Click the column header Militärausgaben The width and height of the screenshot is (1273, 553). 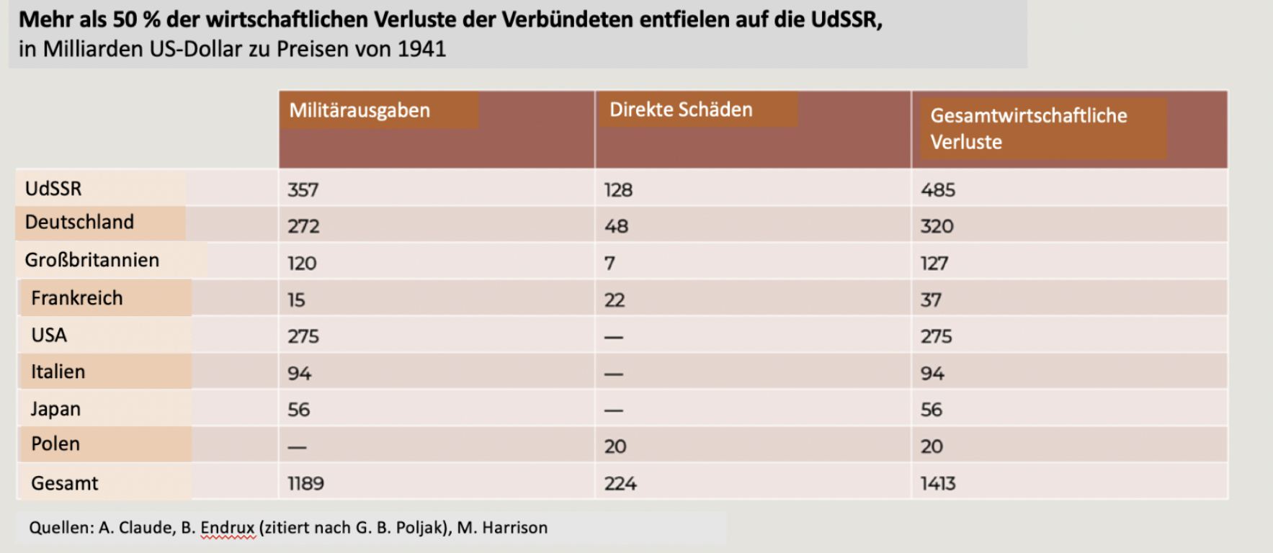pyautogui.click(x=359, y=110)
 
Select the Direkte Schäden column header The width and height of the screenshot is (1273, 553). pyautogui.click(x=681, y=109)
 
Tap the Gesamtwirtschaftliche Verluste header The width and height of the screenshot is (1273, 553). pyautogui.click(x=1028, y=128)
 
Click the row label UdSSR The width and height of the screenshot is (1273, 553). pyautogui.click(x=53, y=189)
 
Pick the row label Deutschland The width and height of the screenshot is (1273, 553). pyautogui.click(x=79, y=222)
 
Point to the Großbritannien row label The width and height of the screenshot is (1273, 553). pyautogui.click(x=91, y=260)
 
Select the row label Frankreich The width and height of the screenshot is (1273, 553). pyautogui.click(x=77, y=298)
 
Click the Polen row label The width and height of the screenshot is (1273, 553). pyautogui.click(x=55, y=444)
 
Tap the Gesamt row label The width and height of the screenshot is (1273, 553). pyautogui.click(x=64, y=483)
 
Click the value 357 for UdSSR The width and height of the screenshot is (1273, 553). pyautogui.click(x=303, y=190)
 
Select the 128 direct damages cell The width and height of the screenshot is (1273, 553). pyautogui.click(x=618, y=190)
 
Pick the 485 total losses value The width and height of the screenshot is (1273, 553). pyautogui.click(x=937, y=190)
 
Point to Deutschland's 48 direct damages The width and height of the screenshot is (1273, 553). pyautogui.click(x=616, y=226)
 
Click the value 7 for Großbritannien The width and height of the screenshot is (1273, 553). pyautogui.click(x=609, y=264)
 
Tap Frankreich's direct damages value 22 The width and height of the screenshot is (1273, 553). pyautogui.click(x=614, y=300)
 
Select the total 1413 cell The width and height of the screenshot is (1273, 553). pyautogui.click(x=937, y=484)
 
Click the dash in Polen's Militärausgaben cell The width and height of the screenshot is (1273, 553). pyautogui.click(x=297, y=447)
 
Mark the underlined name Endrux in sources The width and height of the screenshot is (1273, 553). pyautogui.click(x=227, y=528)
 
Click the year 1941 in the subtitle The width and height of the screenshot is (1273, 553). pyautogui.click(x=421, y=49)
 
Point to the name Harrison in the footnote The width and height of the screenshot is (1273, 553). pyautogui.click(x=514, y=528)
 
